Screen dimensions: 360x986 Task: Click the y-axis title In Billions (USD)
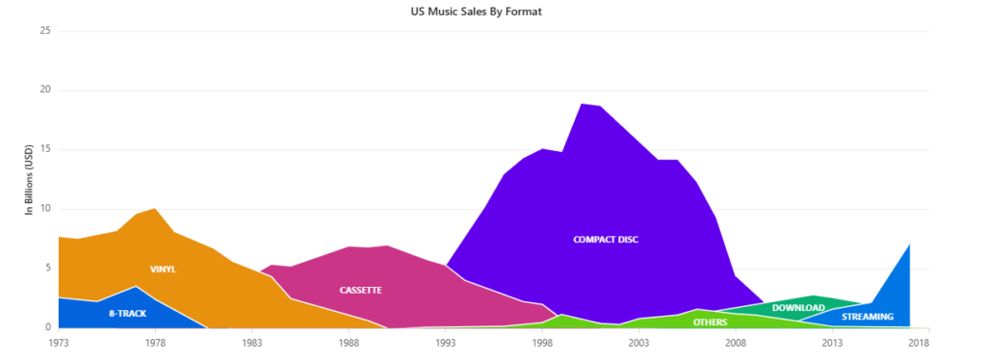coord(29,179)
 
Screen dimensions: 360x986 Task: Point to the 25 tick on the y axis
coord(43,31)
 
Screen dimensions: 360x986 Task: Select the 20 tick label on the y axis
coord(43,90)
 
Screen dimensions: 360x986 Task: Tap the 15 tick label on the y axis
coord(43,150)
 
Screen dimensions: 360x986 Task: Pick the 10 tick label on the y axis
coord(43,209)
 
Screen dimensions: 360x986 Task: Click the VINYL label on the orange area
coord(163,270)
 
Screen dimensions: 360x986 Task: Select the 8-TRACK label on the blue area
coord(127,314)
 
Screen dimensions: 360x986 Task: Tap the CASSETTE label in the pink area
coord(361,290)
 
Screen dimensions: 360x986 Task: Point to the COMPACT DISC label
coord(606,240)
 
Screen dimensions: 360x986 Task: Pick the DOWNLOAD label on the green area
coord(799,308)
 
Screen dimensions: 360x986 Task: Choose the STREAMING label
coord(868,317)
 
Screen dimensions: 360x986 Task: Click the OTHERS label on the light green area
coord(711,322)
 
